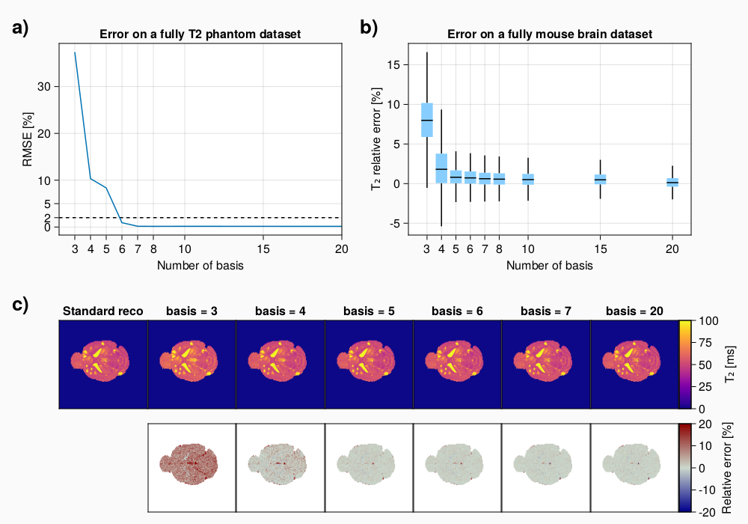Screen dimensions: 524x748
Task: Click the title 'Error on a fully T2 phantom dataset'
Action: (200, 34)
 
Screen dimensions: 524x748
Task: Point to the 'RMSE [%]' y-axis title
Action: (28, 139)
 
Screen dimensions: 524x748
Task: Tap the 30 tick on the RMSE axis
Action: (43, 86)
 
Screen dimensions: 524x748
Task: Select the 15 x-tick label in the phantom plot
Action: (263, 249)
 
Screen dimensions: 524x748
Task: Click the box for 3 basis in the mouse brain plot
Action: (427, 120)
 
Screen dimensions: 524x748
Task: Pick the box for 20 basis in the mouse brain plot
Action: (672, 182)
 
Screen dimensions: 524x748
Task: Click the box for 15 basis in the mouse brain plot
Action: (600, 179)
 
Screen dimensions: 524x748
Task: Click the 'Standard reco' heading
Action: (102, 311)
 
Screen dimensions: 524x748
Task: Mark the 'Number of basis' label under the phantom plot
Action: (200, 265)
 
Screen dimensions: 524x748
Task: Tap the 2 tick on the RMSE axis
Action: (46, 217)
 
